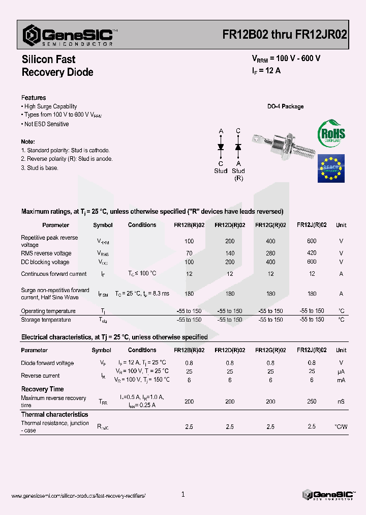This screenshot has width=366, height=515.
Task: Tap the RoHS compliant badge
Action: (331, 134)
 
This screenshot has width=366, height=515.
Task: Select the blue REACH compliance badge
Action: (331, 168)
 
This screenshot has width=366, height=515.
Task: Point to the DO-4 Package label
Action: (285, 106)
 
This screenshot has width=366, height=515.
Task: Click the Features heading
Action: (34, 98)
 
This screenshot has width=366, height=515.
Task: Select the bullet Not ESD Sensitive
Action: (46, 124)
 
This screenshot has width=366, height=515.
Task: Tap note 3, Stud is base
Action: (40, 168)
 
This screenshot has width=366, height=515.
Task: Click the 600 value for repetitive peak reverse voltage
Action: (312, 241)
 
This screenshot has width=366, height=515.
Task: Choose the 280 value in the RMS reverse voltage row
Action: (270, 253)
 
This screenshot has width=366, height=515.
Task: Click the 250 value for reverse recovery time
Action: (312, 402)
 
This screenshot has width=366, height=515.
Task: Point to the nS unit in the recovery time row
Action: (341, 402)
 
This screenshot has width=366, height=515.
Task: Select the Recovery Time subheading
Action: (42, 389)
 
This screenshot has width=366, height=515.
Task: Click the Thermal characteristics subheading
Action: (54, 415)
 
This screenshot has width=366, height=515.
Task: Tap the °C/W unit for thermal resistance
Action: (341, 426)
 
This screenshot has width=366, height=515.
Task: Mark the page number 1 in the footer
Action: (183, 494)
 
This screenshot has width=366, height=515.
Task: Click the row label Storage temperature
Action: (46, 320)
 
